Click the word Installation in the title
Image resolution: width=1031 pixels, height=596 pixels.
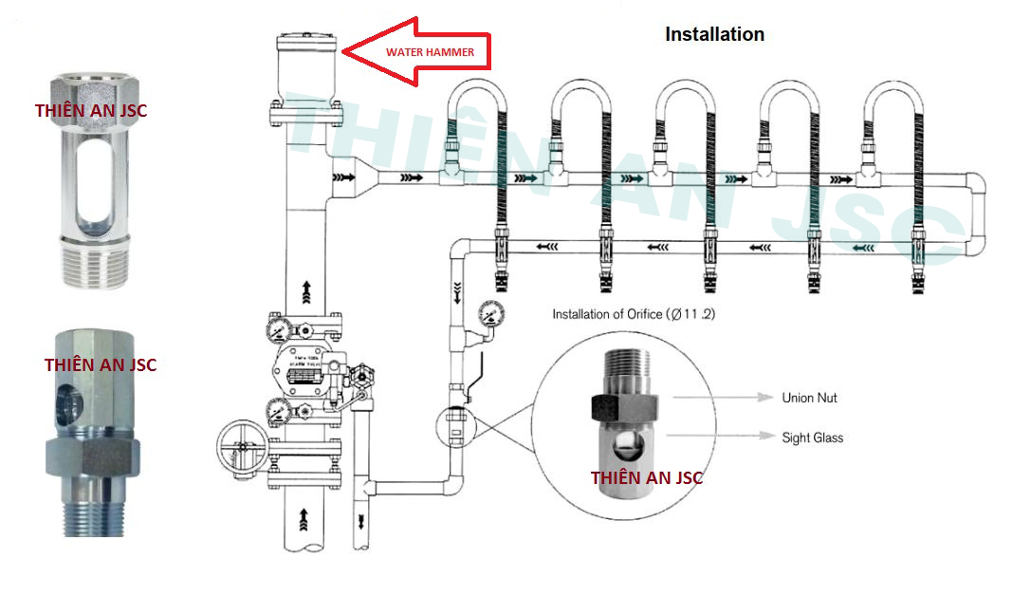coord(714,34)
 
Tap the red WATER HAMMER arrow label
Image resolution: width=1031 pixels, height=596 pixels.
coord(429,51)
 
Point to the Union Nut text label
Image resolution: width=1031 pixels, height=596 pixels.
coord(809,399)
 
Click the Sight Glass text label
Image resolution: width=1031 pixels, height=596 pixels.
coord(812,438)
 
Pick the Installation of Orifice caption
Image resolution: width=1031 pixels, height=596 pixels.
coord(634,313)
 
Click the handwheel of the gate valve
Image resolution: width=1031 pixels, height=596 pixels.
coord(244,446)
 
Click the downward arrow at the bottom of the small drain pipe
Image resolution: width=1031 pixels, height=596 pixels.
coord(361,521)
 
